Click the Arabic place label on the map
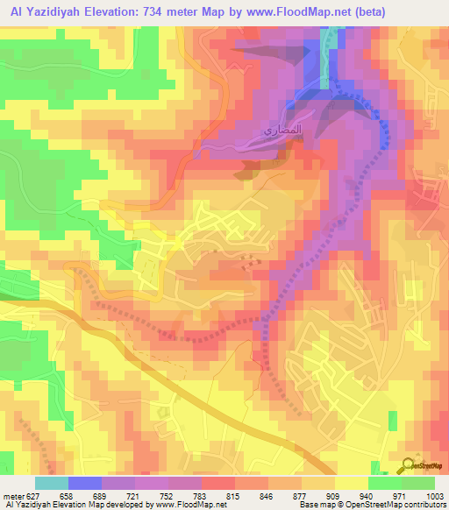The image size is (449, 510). pos(260,134)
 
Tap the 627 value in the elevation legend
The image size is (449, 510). pos(32,497)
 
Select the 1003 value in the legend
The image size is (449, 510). pos(435,497)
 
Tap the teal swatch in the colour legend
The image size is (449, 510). pos(51,483)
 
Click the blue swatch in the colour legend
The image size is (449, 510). pos(84,483)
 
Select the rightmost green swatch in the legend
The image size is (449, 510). pos(417,483)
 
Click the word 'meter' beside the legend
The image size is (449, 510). pos(12,497)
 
